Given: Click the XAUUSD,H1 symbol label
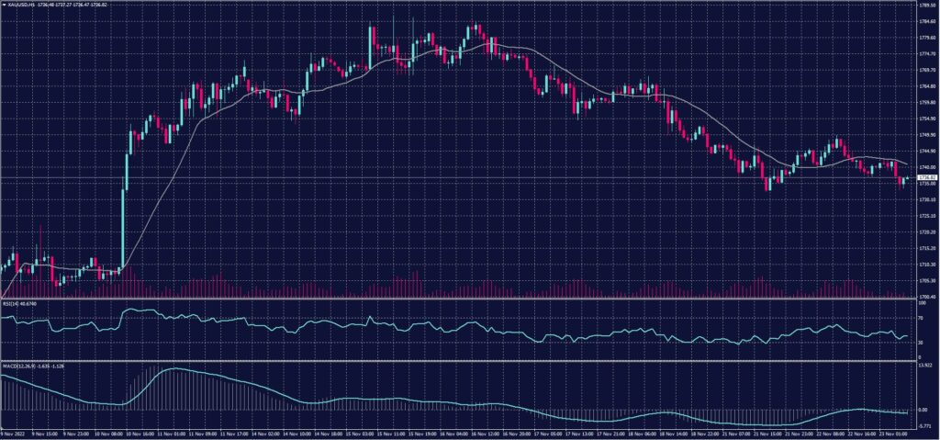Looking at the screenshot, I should pos(20,5).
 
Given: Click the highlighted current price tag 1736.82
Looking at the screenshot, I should pos(926,177).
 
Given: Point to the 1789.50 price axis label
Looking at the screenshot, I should pos(926,5).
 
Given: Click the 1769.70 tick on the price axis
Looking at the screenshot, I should pos(926,70).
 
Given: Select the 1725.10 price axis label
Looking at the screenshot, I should pos(926,216).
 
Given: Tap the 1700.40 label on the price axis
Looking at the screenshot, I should pos(926,296).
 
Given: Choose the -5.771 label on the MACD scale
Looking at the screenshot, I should pos(924,426).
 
